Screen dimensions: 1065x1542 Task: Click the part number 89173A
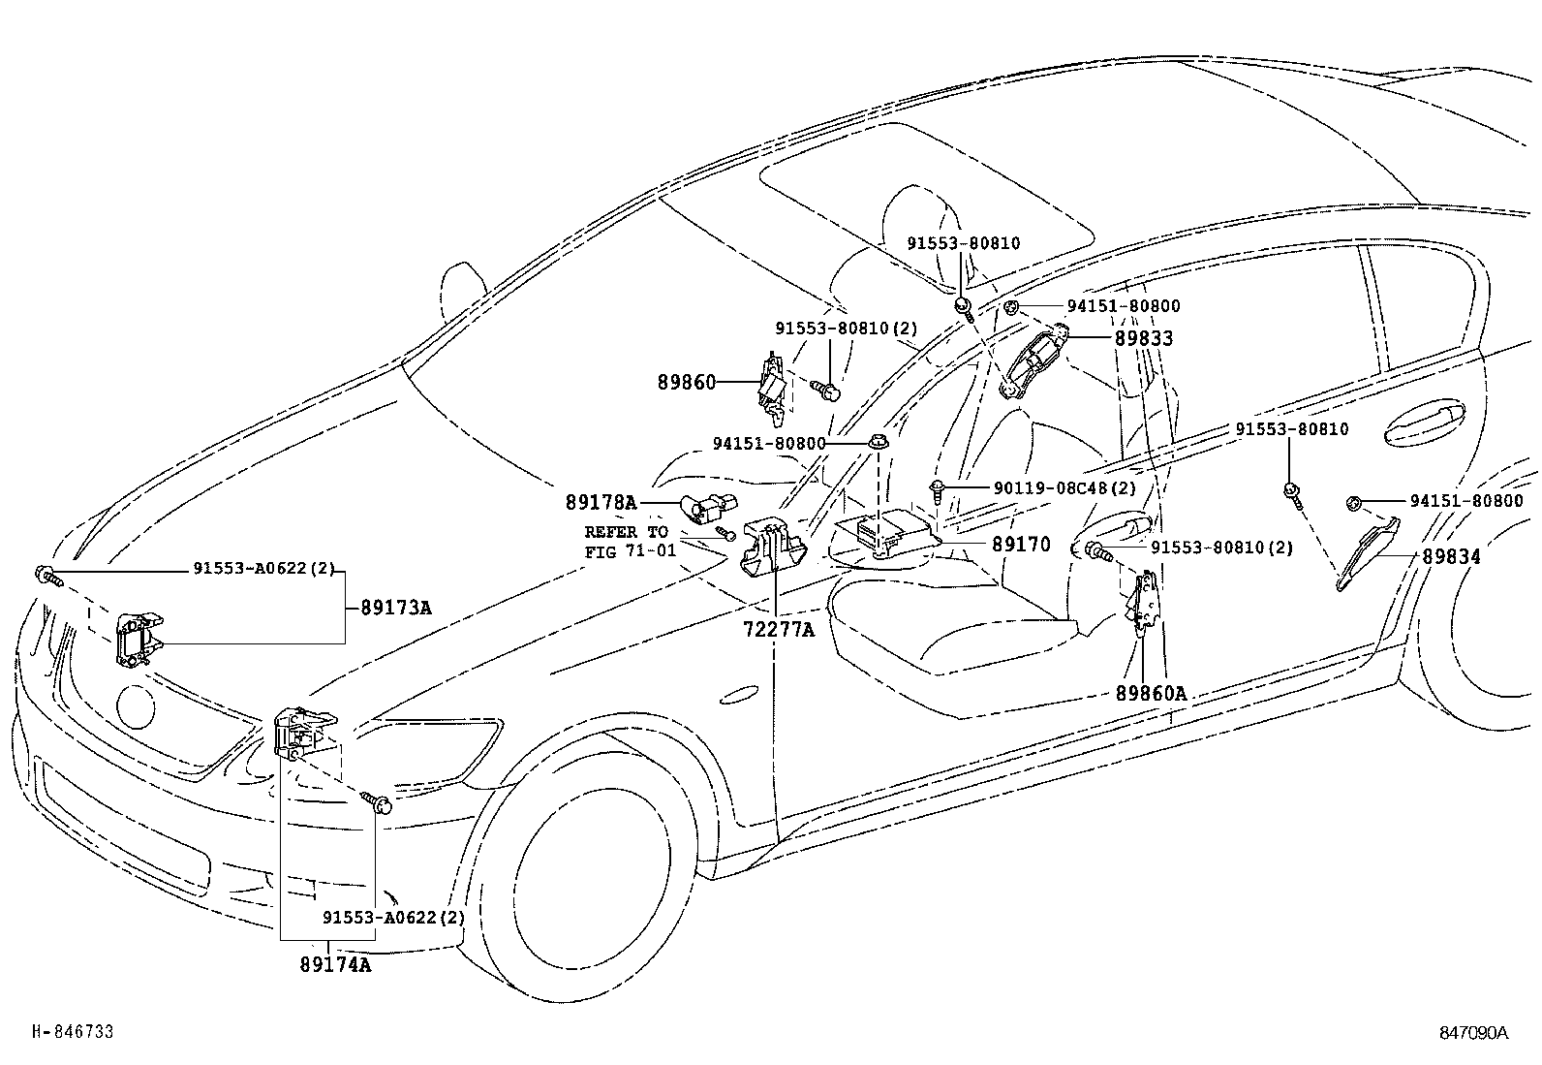click(x=395, y=609)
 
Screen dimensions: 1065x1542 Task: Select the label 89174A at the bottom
click(x=334, y=965)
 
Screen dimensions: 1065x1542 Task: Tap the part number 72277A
click(x=778, y=630)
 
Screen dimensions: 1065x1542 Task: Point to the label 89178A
click(x=601, y=502)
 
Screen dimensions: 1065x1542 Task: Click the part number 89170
click(x=1020, y=545)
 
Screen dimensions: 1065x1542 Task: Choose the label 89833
click(x=1143, y=338)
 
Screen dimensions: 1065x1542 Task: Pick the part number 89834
click(x=1451, y=557)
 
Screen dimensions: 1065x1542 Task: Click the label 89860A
click(x=1150, y=694)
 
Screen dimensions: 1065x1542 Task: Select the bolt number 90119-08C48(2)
click(x=1064, y=488)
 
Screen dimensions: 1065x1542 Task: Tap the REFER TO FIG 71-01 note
click(x=626, y=542)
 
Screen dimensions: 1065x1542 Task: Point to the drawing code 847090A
click(x=1473, y=1032)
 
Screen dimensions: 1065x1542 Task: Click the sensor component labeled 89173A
click(x=138, y=639)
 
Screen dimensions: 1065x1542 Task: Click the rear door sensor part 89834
click(x=1368, y=553)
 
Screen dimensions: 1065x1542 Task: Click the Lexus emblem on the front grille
click(x=135, y=706)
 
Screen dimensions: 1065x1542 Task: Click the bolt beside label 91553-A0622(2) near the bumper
click(x=378, y=803)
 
